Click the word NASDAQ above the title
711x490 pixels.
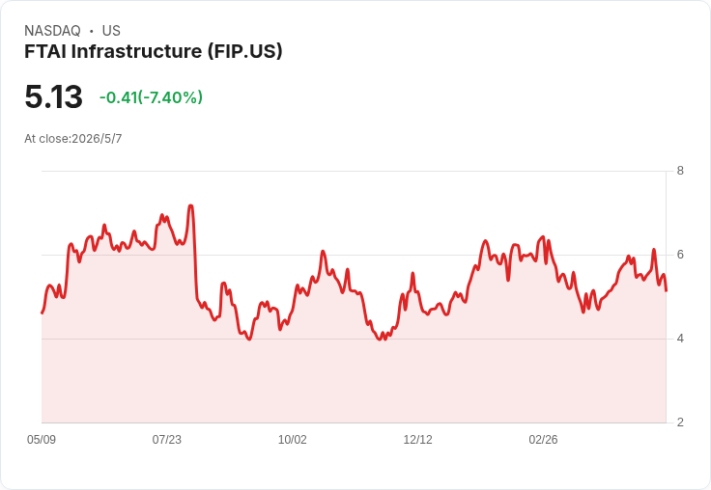tap(52, 31)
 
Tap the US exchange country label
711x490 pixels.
tap(111, 31)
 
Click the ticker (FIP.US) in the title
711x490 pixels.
tap(244, 52)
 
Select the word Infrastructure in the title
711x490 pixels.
tap(136, 51)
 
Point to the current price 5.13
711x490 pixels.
tap(53, 96)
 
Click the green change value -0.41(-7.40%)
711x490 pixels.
tap(151, 97)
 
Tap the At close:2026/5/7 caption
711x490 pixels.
tap(73, 139)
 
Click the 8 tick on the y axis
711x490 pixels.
tap(680, 171)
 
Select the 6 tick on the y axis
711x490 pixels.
tap(680, 255)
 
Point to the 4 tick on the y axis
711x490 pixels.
tap(680, 339)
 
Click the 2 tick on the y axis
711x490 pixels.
tap(680, 422)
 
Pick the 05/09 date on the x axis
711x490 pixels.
tap(42, 440)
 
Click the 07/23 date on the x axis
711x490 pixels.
tap(166, 440)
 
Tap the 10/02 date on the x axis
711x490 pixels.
tap(292, 440)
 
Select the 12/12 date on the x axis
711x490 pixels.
tap(417, 440)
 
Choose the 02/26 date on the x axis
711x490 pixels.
tap(543, 440)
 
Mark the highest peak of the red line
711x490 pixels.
tap(190, 205)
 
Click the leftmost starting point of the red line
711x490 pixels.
tap(43, 313)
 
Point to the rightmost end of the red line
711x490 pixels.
tap(666, 290)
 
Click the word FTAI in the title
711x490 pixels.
tap(45, 51)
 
